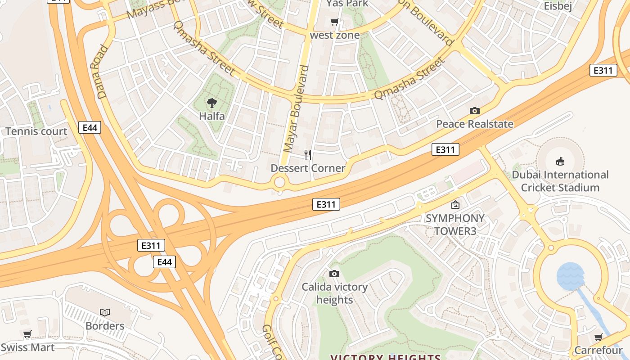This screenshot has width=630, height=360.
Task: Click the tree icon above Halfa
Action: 211,103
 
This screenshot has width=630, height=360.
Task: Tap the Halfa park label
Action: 211,116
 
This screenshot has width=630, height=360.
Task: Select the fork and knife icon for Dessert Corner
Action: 308,155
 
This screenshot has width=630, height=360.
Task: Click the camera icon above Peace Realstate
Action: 474,111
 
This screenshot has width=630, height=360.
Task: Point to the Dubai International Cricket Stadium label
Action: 560,181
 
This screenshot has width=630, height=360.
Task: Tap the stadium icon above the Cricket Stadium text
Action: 560,161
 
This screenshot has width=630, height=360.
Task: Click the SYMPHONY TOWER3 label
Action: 455,225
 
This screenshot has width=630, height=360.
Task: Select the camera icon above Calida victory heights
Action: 334,274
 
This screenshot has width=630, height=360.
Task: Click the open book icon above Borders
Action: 105,312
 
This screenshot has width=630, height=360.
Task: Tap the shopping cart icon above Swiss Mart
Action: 27,334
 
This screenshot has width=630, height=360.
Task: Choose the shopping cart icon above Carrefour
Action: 598,337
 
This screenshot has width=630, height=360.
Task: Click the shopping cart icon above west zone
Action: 334,22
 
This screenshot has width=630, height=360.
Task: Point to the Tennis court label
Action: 36,131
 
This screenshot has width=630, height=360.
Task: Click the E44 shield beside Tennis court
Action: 90,128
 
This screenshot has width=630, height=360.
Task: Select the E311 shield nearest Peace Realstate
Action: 445,149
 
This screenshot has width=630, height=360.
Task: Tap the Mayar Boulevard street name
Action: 296,108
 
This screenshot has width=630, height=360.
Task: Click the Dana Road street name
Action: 100,72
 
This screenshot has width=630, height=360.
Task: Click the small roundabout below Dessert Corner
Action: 279,183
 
